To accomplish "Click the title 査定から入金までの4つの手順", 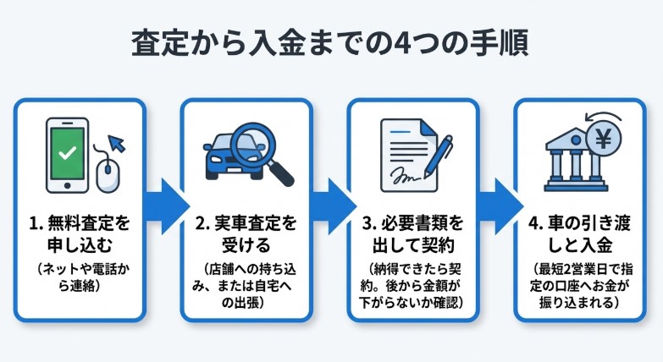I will coord(330,43).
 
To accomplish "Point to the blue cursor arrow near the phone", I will coord(117,143).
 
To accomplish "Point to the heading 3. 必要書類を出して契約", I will coord(413,234).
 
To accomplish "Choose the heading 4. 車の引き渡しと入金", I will coord(580,234).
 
